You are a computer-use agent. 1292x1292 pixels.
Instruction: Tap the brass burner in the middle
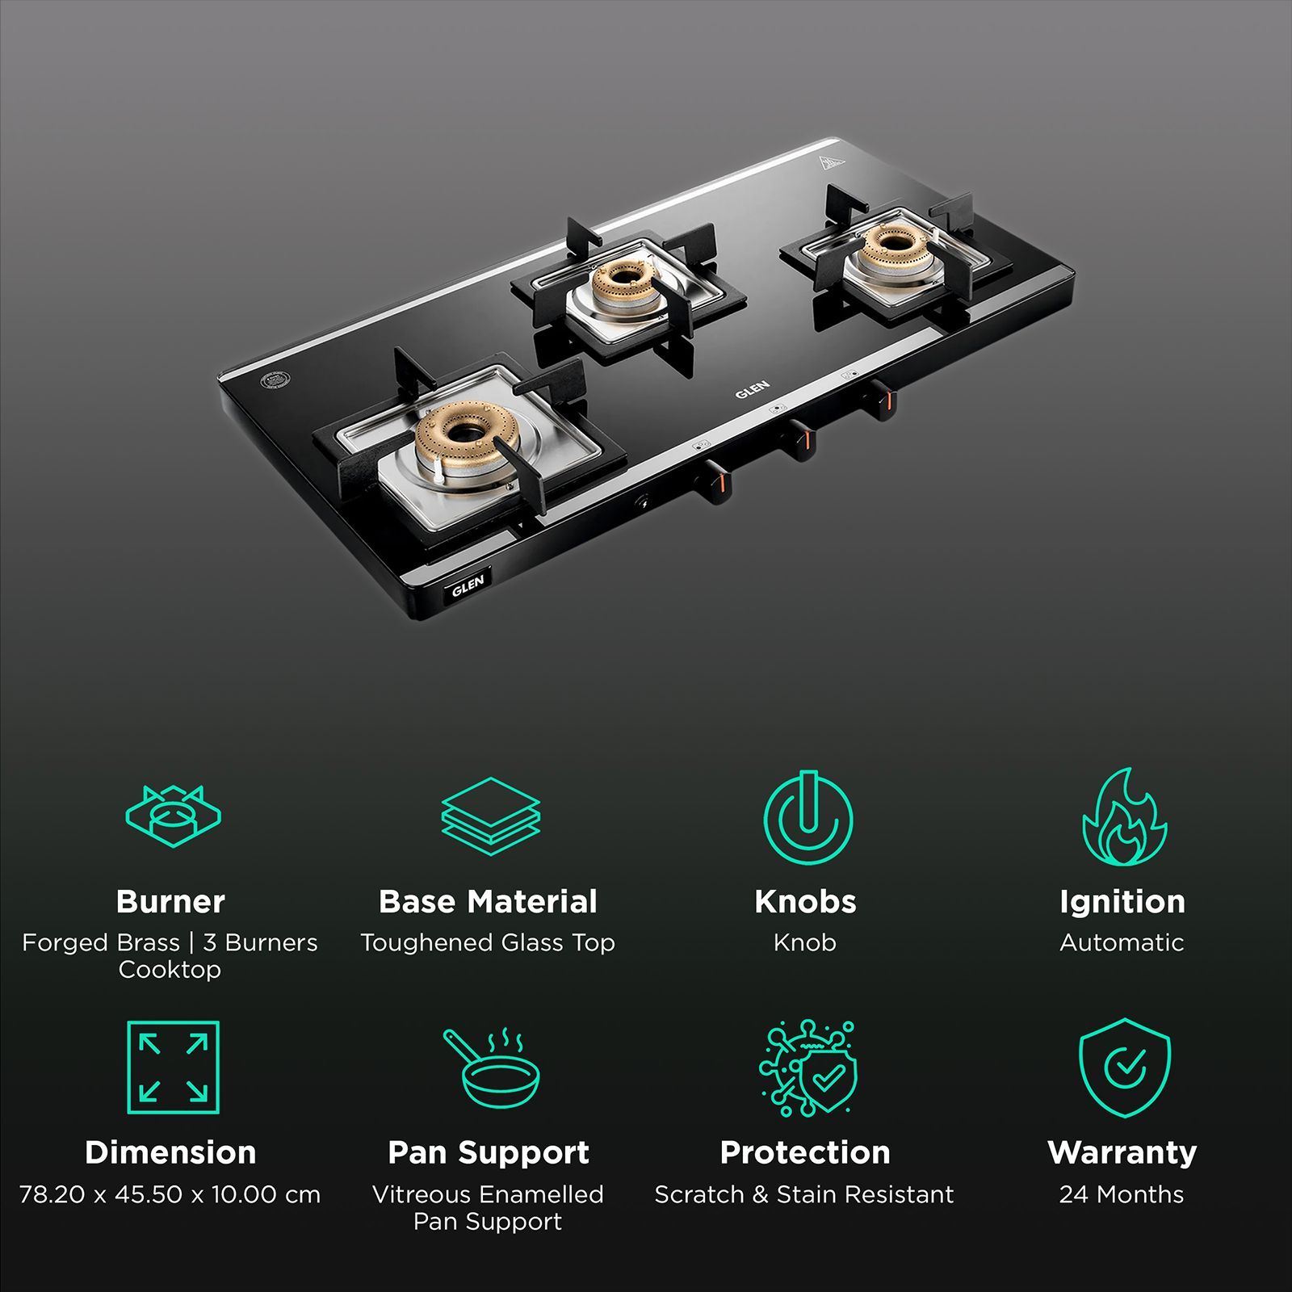tap(622, 284)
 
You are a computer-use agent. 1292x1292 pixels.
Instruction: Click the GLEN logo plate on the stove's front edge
tap(468, 585)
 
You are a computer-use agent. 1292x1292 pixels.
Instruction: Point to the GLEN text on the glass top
tap(752, 389)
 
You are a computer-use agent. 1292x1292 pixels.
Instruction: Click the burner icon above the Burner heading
tap(173, 816)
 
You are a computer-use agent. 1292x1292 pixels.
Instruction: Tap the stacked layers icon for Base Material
tap(490, 816)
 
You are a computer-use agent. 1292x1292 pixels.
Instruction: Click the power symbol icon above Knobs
tap(807, 817)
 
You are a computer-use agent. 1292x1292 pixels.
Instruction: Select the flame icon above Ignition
tap(1124, 817)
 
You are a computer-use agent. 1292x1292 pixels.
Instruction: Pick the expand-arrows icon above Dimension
tap(173, 1067)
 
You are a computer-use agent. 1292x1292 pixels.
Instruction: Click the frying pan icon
tap(490, 1068)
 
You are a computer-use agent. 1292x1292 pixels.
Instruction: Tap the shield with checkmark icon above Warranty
tap(1124, 1068)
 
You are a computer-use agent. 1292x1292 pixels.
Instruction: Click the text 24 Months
tap(1122, 1194)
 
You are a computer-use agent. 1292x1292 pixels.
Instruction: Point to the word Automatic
tap(1122, 942)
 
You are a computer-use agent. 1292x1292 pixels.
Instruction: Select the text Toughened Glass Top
tap(488, 942)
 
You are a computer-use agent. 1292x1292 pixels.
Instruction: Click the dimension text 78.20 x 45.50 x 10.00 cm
tap(170, 1194)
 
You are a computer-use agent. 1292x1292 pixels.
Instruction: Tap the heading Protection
tap(805, 1152)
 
